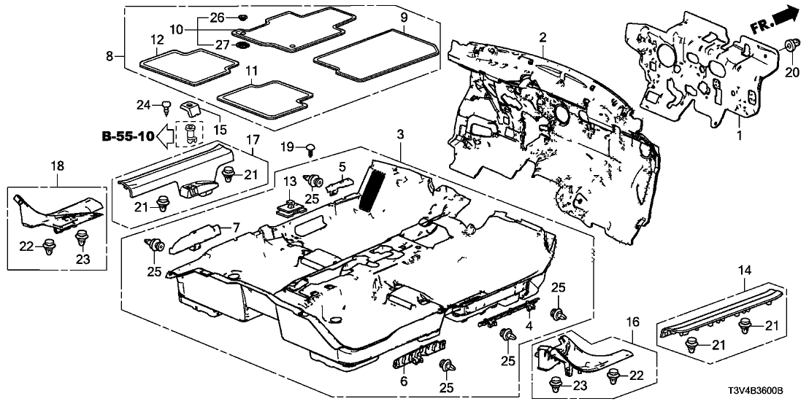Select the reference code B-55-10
coord(128,136)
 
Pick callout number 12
coord(158,39)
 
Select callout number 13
coord(288,179)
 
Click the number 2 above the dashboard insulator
coord(542,37)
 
